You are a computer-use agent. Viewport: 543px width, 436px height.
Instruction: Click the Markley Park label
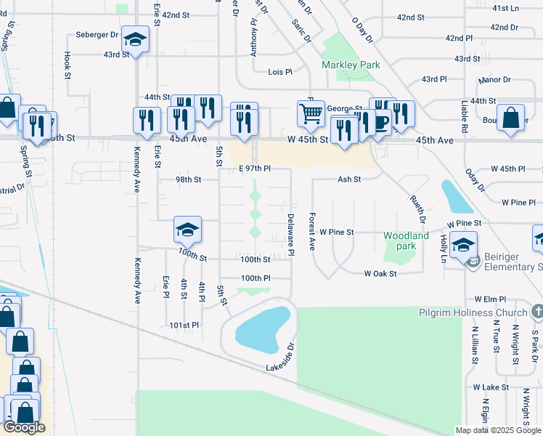(351, 65)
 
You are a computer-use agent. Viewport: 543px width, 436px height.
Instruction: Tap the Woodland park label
(407, 241)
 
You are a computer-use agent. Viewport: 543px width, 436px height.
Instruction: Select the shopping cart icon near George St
(311, 113)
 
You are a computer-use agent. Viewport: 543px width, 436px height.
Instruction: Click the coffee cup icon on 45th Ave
(380, 121)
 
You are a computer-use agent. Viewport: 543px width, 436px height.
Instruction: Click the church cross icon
(536, 312)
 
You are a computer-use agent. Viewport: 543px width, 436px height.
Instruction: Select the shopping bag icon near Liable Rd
(511, 118)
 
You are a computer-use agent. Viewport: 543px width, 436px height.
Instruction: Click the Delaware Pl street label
(290, 234)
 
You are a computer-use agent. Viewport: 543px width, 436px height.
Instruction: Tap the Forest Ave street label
(311, 232)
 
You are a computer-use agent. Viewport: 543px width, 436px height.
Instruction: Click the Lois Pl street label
(279, 72)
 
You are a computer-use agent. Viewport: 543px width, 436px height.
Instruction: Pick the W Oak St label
(380, 273)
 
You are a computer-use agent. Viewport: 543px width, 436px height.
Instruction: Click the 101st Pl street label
(184, 325)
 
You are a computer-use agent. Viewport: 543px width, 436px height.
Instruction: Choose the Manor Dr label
(494, 80)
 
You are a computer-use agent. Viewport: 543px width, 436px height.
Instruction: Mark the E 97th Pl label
(255, 168)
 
